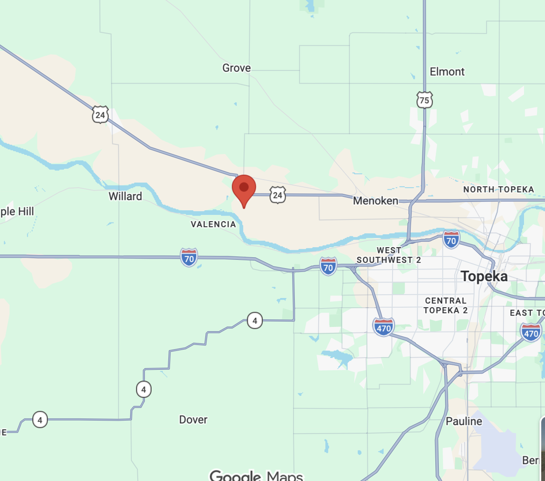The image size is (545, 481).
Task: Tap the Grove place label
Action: tap(236, 68)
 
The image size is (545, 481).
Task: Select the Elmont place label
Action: tap(447, 72)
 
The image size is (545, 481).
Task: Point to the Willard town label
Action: tap(125, 196)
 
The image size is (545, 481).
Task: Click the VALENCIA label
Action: tap(213, 225)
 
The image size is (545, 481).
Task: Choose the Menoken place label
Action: tap(375, 201)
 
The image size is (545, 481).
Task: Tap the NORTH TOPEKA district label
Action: tap(498, 190)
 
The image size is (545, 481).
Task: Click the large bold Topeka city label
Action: tap(484, 277)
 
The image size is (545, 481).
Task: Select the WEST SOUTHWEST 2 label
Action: tap(389, 255)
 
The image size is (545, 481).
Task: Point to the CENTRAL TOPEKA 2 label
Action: tap(445, 306)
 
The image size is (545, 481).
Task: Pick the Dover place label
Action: tap(193, 420)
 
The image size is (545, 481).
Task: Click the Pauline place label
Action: tap(464, 421)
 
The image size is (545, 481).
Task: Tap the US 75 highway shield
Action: tap(424, 100)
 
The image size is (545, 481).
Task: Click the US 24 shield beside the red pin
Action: tap(278, 195)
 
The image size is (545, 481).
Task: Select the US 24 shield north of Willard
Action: tap(100, 115)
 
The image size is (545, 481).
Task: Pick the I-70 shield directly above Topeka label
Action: tap(451, 240)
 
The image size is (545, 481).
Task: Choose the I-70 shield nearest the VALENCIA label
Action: tap(189, 258)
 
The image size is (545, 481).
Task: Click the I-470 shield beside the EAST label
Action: tap(531, 333)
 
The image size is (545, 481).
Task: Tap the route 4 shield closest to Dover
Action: tap(144, 390)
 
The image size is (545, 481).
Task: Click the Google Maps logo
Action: tap(256, 476)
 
